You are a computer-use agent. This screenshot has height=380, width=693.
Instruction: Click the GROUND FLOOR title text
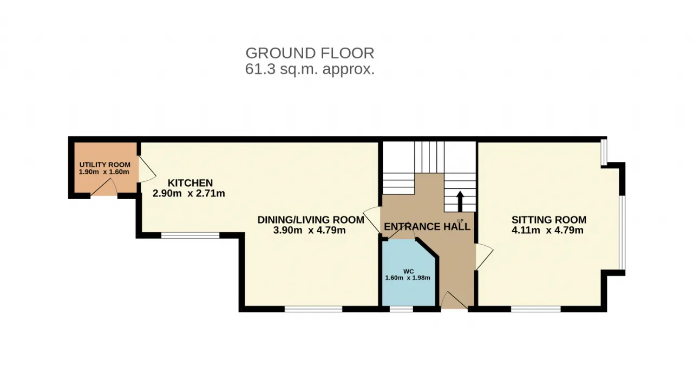pos(310,53)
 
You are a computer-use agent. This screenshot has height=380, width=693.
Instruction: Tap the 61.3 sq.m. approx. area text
pos(310,69)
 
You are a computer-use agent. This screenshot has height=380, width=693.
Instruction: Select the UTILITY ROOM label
pos(105,165)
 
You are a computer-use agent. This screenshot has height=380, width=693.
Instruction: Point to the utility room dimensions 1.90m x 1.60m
pos(104,172)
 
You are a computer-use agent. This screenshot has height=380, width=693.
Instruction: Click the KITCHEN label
pos(190,183)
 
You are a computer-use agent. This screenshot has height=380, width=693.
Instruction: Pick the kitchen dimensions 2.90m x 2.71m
pos(189,193)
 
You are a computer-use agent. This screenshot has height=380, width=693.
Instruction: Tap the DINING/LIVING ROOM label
pos(311,220)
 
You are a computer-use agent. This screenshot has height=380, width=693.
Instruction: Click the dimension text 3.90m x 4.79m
pos(309,230)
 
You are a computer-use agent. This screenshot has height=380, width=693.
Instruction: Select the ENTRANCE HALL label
pos(427,226)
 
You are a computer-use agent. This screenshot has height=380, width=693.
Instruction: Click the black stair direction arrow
pos(460,201)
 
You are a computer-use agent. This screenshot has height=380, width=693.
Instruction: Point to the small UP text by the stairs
pos(460,221)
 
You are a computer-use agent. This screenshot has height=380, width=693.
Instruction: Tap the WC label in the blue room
pos(408,271)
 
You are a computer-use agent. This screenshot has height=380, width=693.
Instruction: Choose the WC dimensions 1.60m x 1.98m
pos(408,278)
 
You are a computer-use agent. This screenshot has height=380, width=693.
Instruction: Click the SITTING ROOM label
pos(549,220)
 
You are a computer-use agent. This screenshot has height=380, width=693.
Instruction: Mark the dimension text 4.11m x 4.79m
pos(547,230)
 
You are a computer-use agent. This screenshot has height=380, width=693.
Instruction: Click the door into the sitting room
pos(485,256)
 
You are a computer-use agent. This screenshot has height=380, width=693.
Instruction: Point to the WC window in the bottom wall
pos(401,309)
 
